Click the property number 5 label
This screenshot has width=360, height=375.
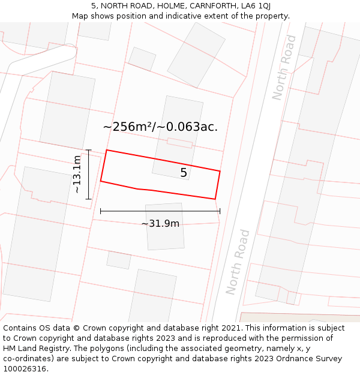(x=184, y=173)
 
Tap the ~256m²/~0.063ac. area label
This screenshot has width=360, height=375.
(x=160, y=127)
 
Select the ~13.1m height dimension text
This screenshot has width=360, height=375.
(x=77, y=174)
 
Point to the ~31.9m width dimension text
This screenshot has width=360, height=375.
(x=160, y=224)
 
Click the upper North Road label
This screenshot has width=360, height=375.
(x=284, y=67)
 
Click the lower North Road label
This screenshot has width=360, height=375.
(x=238, y=262)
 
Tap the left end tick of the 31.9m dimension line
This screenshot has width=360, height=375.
(x=101, y=211)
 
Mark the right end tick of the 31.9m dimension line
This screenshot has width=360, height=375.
(x=220, y=211)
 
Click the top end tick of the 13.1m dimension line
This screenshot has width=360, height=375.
(x=89, y=150)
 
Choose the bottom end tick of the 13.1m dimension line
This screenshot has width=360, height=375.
(x=89, y=199)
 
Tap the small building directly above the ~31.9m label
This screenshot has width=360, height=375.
(x=165, y=227)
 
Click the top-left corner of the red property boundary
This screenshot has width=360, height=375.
(x=107, y=150)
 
